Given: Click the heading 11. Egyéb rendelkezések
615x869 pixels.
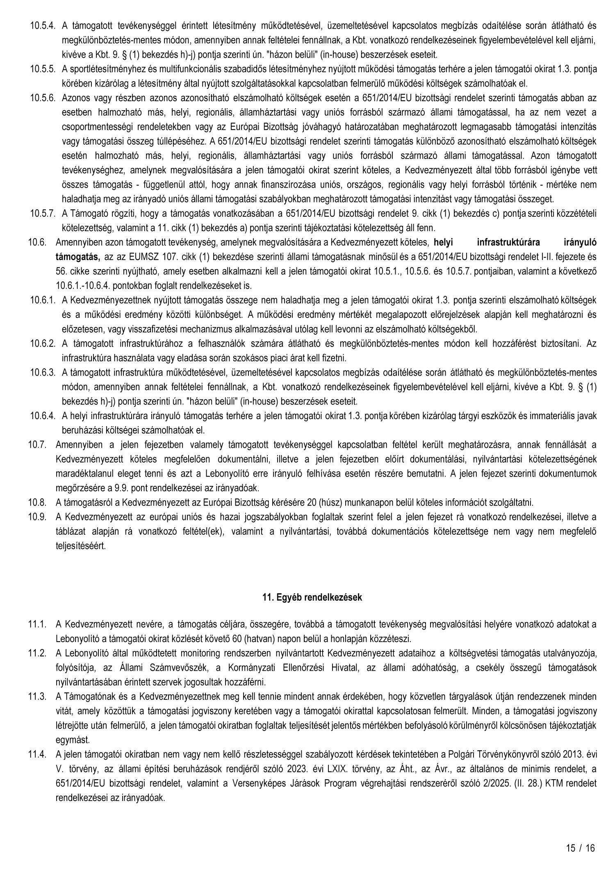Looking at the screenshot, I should pos(312,597).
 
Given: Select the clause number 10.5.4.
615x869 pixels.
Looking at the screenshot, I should pos(42,25).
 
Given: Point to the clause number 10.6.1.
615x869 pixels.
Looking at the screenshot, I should pos(42,300).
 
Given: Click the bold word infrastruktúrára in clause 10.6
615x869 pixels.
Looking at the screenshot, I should pos(508,242).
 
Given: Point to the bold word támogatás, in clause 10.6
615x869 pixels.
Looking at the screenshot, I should pos(78,257).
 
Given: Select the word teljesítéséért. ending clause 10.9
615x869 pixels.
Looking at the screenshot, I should pos(80,545).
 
